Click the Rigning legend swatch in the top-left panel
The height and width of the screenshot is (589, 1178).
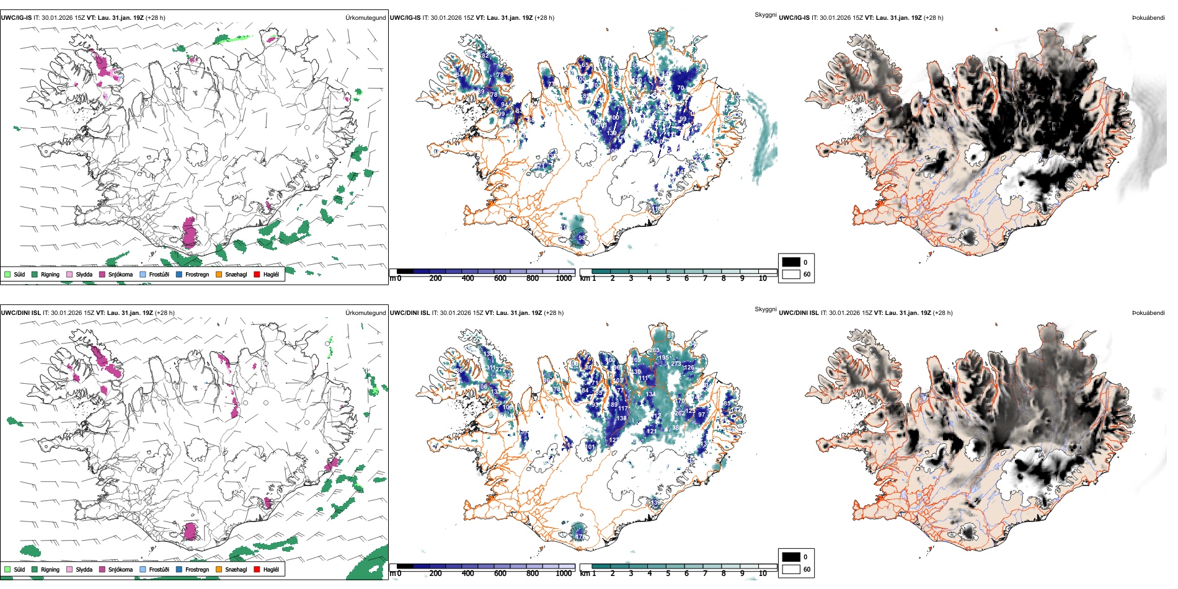click(35, 274)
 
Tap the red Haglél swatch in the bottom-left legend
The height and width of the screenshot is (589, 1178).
click(257, 569)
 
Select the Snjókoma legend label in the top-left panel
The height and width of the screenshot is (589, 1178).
click(120, 275)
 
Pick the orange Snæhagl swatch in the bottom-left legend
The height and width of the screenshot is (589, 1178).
click(219, 569)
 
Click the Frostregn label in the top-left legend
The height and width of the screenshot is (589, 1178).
click(197, 275)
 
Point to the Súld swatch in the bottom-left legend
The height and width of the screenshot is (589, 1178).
click(7, 569)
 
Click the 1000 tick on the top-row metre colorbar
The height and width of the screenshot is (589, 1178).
click(564, 278)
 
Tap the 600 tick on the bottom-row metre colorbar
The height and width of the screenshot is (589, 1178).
click(500, 573)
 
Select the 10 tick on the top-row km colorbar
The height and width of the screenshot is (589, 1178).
click(763, 278)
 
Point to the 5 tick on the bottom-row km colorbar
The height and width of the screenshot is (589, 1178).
click(668, 573)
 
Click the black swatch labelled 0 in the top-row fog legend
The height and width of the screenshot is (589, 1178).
click(791, 262)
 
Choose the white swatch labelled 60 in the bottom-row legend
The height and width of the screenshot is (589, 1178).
click(791, 569)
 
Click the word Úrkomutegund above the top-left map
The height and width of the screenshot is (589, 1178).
click(365, 18)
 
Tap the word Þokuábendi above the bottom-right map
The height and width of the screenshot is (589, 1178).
click(1148, 313)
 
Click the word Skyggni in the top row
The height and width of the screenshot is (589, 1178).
click(766, 15)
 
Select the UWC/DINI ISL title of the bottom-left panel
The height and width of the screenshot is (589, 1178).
click(20, 313)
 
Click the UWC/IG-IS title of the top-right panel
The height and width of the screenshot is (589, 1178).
click(794, 18)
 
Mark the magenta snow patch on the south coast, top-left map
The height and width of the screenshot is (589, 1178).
click(190, 233)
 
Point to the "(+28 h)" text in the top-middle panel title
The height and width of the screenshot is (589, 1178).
click(542, 18)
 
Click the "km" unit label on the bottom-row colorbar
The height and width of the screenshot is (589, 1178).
click(585, 573)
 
